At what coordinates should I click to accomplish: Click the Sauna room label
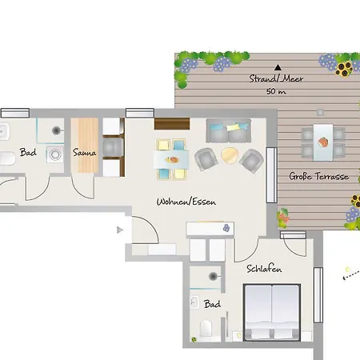click(x=84, y=152)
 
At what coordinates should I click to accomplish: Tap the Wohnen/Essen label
click(x=186, y=202)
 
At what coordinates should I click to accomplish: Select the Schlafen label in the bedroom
click(x=264, y=269)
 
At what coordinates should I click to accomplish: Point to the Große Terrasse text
click(x=319, y=176)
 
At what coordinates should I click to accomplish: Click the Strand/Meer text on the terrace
click(x=276, y=78)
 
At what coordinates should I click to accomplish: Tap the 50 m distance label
click(x=276, y=91)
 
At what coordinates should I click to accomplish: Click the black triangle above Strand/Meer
click(x=278, y=67)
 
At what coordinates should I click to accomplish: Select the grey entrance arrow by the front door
click(x=120, y=230)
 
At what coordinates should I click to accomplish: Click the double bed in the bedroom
click(x=272, y=312)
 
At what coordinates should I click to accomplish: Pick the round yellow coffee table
click(x=230, y=156)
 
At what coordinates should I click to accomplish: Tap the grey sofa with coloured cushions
click(x=228, y=130)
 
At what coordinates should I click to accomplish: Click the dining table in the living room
click(x=171, y=159)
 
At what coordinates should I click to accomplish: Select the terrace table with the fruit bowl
click(x=323, y=142)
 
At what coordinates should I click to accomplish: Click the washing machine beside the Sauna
click(x=55, y=154)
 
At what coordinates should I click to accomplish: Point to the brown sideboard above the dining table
click(x=172, y=124)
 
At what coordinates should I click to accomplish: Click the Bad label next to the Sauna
click(x=28, y=152)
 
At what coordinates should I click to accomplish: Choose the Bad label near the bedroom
click(x=212, y=304)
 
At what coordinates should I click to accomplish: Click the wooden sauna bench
click(x=85, y=146)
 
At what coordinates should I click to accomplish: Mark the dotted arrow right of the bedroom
click(x=351, y=275)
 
